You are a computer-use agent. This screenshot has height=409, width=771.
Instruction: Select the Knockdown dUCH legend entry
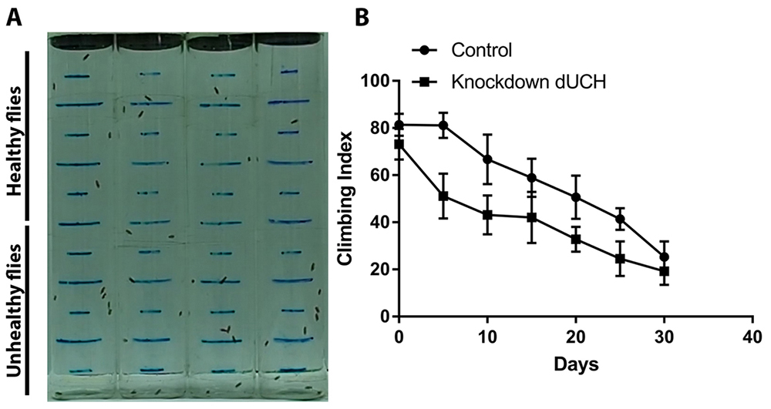pyautogui.click(x=524, y=82)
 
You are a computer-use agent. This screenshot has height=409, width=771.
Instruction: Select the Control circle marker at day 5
pyautogui.click(x=443, y=126)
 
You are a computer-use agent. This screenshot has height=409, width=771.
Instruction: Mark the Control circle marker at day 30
pyautogui.click(x=665, y=256)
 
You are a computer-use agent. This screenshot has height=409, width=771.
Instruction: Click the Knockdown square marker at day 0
pyautogui.click(x=399, y=144)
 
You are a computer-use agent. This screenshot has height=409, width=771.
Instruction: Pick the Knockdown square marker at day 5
pyautogui.click(x=443, y=196)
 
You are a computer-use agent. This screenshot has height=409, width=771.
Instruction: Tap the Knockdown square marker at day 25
pyautogui.click(x=620, y=259)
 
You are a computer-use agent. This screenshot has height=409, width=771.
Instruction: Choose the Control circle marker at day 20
pyautogui.click(x=576, y=197)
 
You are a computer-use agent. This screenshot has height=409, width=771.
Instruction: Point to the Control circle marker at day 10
pyautogui.click(x=487, y=159)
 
